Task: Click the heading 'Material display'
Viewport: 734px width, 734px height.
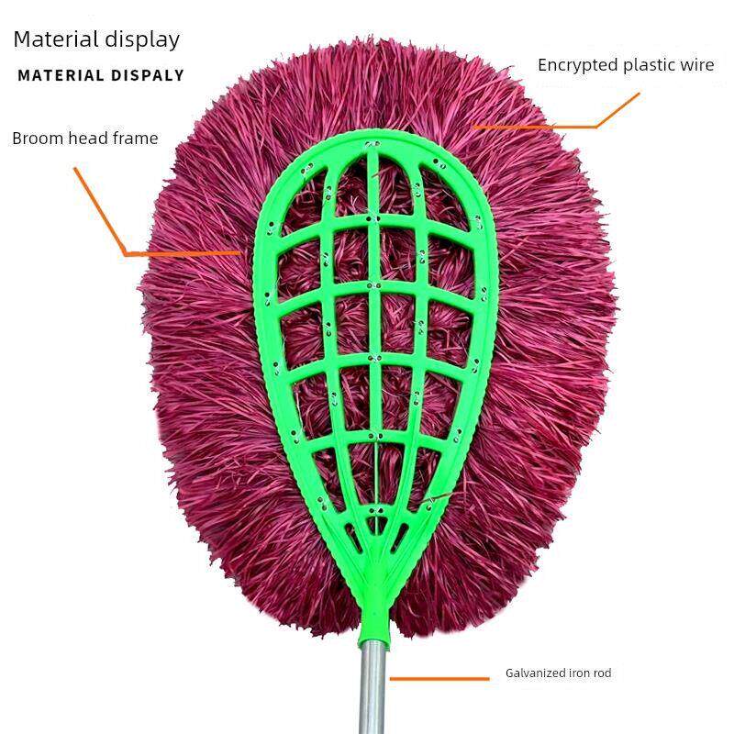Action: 95,39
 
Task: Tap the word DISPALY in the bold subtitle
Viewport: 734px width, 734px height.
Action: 148,76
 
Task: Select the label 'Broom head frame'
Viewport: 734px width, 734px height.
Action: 85,139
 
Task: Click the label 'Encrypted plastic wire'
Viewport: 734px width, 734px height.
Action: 626,65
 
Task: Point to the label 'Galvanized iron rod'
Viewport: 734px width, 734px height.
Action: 558,673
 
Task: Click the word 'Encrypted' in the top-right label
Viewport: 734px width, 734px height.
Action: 574,65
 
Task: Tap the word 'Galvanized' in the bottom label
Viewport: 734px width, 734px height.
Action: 533,673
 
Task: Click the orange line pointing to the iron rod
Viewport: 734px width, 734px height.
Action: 439,679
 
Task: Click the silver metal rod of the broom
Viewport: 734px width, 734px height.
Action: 371,688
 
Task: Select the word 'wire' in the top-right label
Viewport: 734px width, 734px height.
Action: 696,65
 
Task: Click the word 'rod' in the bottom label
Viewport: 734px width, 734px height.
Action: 602,673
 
